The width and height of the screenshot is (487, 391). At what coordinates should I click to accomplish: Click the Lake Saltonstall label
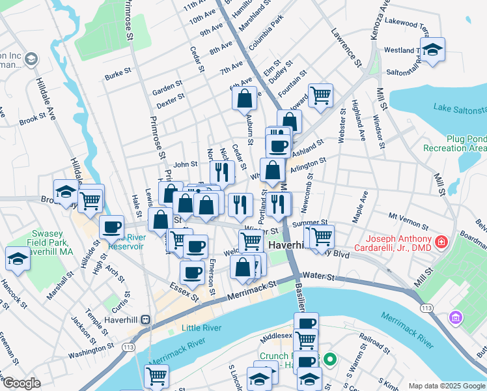click(460, 108)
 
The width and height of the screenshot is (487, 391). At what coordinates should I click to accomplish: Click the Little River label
click(201, 328)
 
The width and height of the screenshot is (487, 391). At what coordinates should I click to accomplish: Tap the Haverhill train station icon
click(145, 320)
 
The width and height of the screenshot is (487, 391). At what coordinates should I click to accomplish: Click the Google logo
click(21, 383)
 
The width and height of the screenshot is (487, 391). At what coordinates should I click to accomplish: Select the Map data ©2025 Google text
click(446, 386)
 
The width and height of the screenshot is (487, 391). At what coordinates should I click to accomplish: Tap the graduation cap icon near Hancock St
click(18, 258)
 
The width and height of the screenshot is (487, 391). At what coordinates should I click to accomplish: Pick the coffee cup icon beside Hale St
click(111, 227)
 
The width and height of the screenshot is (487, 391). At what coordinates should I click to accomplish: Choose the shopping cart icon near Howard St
click(320, 94)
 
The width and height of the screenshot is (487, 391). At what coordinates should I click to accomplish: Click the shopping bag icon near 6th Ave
click(245, 98)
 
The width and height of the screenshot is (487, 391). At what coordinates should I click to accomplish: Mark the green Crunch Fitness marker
click(330, 358)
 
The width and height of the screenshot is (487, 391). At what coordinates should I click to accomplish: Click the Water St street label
click(318, 277)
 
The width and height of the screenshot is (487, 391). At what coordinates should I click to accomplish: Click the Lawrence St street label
click(346, 46)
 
